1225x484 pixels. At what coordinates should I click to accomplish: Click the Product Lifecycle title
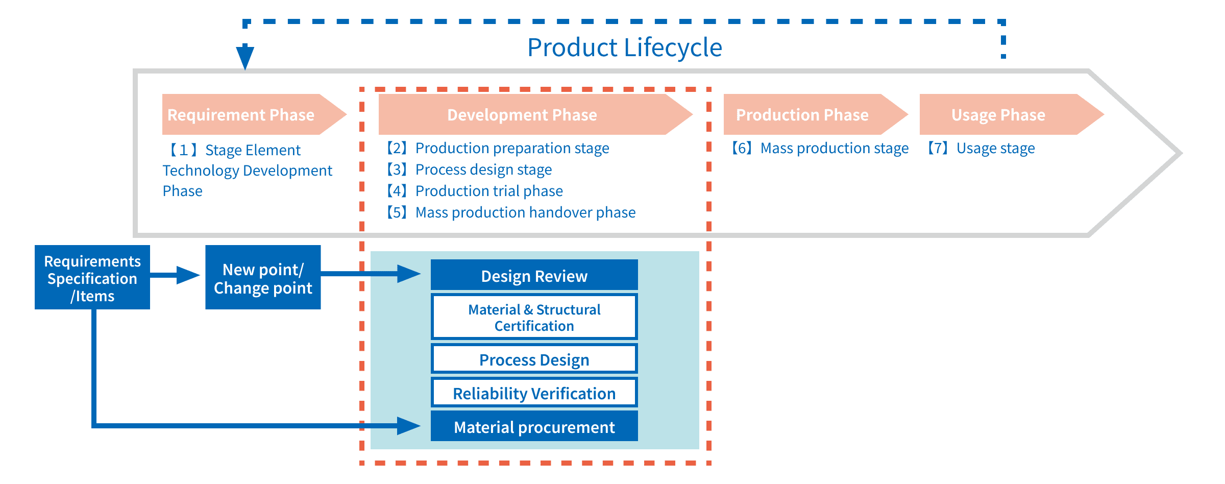tap(624, 47)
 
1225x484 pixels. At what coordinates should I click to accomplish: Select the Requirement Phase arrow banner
tap(245, 114)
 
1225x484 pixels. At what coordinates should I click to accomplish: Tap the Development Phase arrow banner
tap(522, 114)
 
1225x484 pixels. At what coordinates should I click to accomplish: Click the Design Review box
tap(534, 276)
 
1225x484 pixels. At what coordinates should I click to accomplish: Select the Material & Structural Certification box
tap(534, 317)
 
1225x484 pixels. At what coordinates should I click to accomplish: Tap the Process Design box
tap(534, 359)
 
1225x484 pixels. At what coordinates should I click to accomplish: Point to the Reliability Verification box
tap(534, 393)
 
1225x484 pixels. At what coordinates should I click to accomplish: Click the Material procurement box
tap(534, 427)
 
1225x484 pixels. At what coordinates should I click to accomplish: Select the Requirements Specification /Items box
tap(92, 278)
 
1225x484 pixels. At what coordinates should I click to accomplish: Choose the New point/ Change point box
tap(263, 278)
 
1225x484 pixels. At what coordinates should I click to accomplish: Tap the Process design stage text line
tap(470, 170)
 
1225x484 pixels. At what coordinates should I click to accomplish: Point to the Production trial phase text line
tap(475, 191)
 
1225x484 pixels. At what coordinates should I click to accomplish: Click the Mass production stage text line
tap(820, 148)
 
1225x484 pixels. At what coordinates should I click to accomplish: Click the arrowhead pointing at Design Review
tap(408, 274)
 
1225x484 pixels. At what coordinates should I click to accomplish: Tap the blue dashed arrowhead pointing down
tap(245, 56)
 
